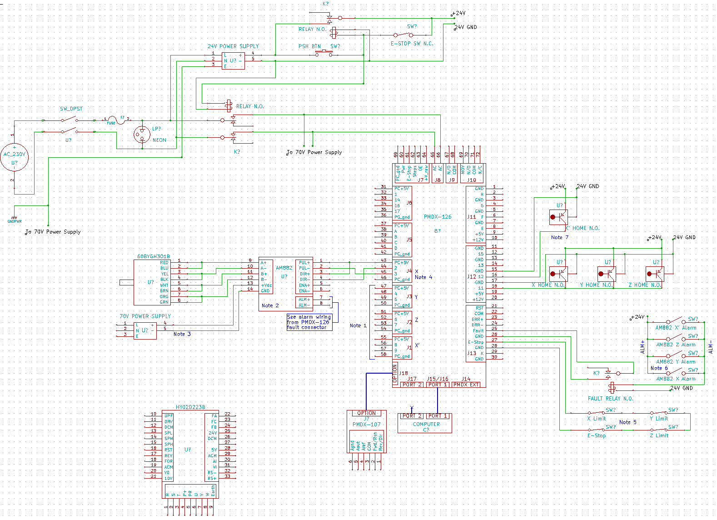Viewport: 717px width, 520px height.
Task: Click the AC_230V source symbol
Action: pyautogui.click(x=14, y=157)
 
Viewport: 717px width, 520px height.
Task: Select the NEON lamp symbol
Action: pyautogui.click(x=142, y=134)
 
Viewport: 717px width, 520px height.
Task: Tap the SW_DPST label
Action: pyautogui.click(x=71, y=109)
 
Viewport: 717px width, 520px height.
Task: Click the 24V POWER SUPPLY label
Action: pyautogui.click(x=233, y=46)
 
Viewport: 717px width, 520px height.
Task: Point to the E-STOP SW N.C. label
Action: pyautogui.click(x=412, y=44)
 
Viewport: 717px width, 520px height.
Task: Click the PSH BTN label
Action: pyautogui.click(x=309, y=46)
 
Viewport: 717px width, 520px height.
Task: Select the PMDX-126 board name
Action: pyautogui.click(x=438, y=217)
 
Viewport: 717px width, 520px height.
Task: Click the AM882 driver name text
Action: pyautogui.click(x=284, y=268)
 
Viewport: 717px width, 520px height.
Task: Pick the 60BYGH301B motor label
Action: pyautogui.click(x=154, y=256)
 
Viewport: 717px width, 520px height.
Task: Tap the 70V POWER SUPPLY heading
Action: pyautogui.click(x=145, y=316)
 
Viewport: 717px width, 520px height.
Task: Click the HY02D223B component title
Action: pyautogui.click(x=190, y=407)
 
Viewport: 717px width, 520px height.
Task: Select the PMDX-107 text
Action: pyautogui.click(x=367, y=425)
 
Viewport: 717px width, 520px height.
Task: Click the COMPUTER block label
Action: pyautogui.click(x=426, y=424)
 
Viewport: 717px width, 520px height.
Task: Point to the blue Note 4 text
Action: pyautogui.click(x=423, y=277)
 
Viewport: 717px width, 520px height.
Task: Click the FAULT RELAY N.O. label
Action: pyautogui.click(x=610, y=399)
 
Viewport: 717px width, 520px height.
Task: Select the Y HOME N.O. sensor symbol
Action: pyautogui.click(x=607, y=274)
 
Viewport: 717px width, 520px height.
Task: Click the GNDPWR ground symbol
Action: pyautogui.click(x=15, y=220)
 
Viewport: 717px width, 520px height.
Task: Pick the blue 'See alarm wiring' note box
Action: pyautogui.click(x=309, y=322)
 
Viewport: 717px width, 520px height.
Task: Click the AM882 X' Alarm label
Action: pyautogui.click(x=676, y=328)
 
